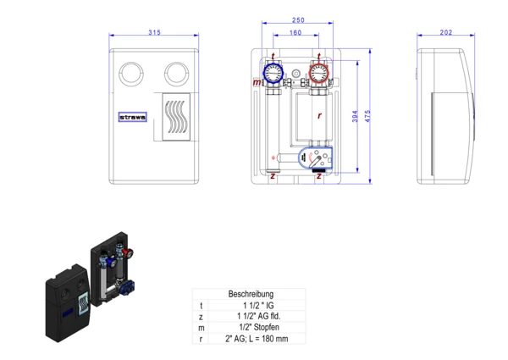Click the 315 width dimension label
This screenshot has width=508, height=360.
[154, 33]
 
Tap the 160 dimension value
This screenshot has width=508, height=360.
[295, 34]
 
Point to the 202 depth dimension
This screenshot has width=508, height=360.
[447, 33]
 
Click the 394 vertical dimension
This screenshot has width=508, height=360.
[356, 117]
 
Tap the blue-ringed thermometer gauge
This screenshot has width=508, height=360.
[273, 73]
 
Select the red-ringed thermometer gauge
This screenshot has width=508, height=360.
[317, 74]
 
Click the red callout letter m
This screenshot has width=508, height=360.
[257, 83]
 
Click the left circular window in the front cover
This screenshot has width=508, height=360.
[132, 71]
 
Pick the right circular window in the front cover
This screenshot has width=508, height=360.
[177, 71]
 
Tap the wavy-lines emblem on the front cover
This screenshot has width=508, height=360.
[175, 117]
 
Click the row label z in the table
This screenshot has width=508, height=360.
[201, 315]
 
